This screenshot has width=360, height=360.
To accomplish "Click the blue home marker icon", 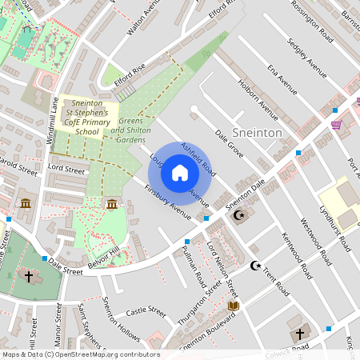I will click(180, 172).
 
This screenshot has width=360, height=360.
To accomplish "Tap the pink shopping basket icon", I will click(336, 124).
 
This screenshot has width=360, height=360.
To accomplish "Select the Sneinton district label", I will click(256, 132).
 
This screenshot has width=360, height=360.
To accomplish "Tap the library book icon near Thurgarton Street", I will click(234, 306).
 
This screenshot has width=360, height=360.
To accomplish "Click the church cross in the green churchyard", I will click(30, 276).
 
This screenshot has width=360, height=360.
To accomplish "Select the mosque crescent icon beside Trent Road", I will click(256, 265).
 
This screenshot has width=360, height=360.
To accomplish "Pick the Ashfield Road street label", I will click(198, 158).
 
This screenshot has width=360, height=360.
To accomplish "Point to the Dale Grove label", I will click(229, 142).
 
